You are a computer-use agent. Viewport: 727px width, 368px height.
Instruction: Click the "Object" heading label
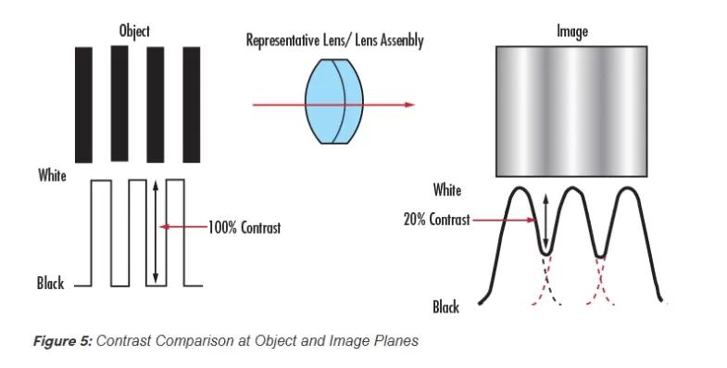click(x=134, y=32)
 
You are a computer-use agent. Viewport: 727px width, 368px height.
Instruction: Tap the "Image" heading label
click(x=571, y=32)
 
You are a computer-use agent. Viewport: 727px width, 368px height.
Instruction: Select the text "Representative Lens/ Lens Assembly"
click(x=334, y=42)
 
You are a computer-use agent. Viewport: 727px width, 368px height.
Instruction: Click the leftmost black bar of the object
click(x=83, y=104)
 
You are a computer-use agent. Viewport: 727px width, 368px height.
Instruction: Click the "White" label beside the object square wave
click(x=52, y=175)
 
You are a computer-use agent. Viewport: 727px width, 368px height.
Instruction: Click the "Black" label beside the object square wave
click(x=51, y=284)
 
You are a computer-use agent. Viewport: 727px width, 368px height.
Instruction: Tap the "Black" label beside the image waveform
click(x=447, y=305)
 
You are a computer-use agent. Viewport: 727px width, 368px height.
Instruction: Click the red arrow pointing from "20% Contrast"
click(x=505, y=221)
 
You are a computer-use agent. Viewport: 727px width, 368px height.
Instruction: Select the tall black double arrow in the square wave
click(x=157, y=230)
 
